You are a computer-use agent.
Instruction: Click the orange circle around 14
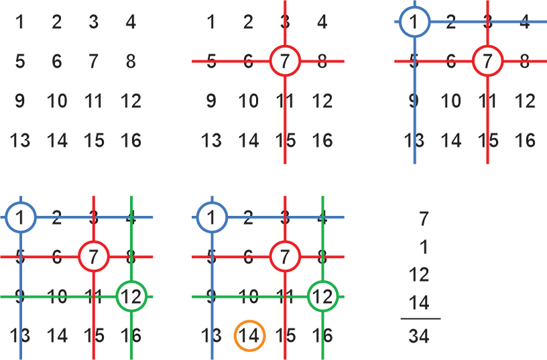(249, 335)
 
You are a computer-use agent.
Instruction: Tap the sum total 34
(419, 335)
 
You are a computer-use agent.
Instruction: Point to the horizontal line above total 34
(420, 319)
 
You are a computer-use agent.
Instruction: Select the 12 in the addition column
(419, 275)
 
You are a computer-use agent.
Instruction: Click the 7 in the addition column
(423, 219)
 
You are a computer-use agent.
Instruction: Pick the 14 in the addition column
(419, 303)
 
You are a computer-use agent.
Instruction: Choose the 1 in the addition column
(423, 247)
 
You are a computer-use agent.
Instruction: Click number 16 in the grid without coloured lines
(131, 141)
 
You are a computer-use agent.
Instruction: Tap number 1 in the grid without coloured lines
(19, 22)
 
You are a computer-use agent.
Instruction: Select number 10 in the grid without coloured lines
(57, 101)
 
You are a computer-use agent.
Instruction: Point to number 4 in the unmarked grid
(131, 22)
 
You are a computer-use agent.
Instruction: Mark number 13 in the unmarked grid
(19, 141)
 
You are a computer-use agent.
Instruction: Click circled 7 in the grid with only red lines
(286, 62)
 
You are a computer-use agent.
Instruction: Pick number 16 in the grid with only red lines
(322, 141)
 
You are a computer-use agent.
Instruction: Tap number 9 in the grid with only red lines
(211, 101)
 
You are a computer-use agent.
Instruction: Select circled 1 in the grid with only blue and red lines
(414, 22)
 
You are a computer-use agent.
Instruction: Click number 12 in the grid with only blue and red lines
(525, 101)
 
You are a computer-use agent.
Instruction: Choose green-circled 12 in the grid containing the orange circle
(323, 296)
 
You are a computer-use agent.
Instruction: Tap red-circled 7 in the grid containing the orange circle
(286, 256)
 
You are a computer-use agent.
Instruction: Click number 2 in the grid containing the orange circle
(249, 217)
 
